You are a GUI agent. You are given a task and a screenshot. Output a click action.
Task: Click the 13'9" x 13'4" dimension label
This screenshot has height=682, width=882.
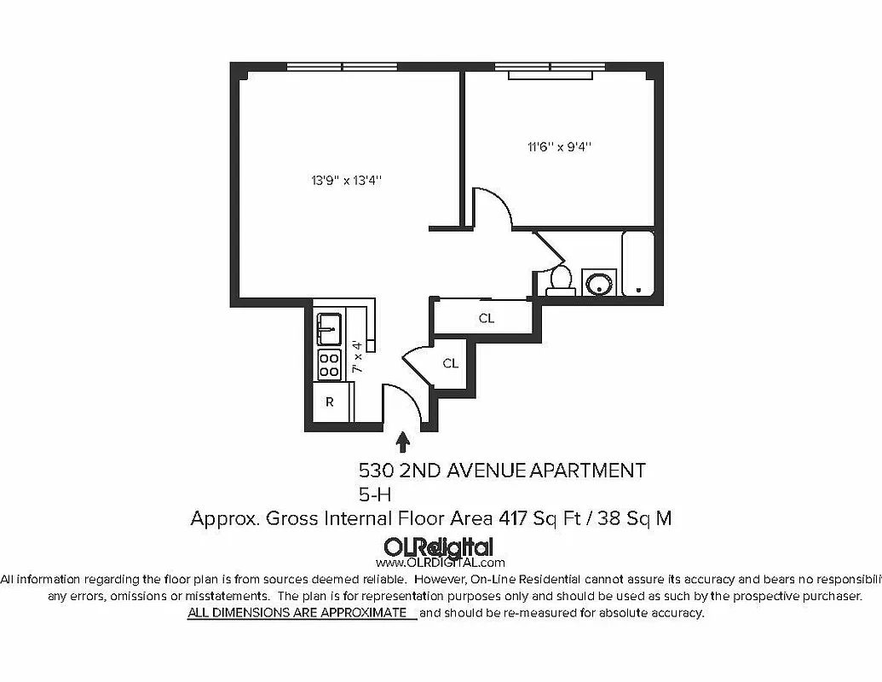(x=345, y=180)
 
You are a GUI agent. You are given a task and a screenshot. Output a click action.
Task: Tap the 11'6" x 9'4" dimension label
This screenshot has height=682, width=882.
(x=559, y=147)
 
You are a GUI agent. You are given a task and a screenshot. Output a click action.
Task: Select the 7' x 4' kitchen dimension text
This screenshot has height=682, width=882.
(x=358, y=357)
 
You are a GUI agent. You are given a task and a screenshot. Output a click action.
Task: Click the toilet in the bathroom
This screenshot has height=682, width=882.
(x=561, y=280)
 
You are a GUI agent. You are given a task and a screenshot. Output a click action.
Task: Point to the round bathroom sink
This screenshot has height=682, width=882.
(x=600, y=282)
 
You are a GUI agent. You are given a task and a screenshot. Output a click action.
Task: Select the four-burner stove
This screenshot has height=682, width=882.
(x=329, y=365)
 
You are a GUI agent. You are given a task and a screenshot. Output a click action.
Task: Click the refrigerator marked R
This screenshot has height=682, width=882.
(x=330, y=402)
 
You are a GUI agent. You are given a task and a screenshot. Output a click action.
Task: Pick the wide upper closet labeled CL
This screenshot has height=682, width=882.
(x=486, y=319)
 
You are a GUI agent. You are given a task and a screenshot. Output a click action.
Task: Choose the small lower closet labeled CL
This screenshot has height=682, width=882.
(x=450, y=363)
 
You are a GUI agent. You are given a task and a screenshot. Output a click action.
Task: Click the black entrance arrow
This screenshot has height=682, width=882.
(x=403, y=442)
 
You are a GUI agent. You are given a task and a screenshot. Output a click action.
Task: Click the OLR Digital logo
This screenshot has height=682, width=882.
(x=439, y=546)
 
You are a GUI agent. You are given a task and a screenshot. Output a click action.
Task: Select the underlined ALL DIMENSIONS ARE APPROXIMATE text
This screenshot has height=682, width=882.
(x=297, y=613)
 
